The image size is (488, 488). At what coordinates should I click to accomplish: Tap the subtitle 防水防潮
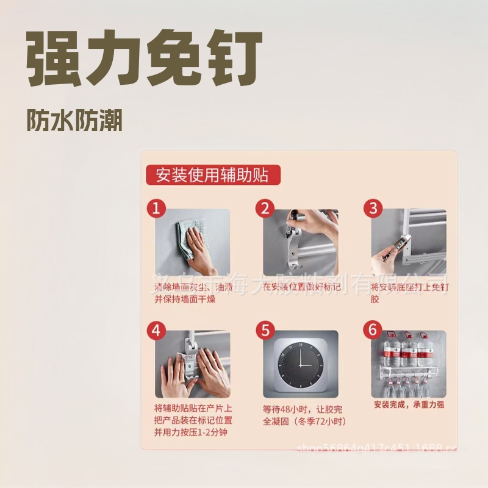point(74,121)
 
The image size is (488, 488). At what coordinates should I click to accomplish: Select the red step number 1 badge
point(156,209)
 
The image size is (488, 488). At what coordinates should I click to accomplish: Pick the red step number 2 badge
point(265,209)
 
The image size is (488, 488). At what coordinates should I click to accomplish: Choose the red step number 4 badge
point(156,331)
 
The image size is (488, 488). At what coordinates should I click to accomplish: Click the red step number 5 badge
point(265,331)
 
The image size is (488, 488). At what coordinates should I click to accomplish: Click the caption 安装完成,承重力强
point(409,404)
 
